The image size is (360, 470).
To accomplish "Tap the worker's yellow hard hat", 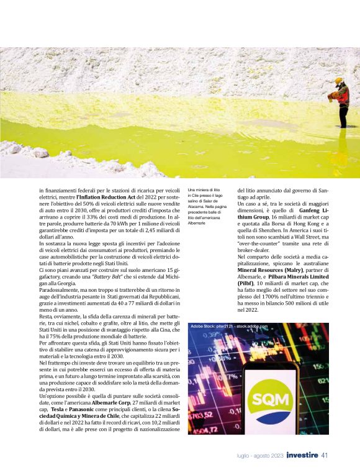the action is click(338, 80).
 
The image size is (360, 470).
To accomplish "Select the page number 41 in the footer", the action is click(325, 455).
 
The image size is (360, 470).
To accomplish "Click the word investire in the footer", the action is click(302, 455).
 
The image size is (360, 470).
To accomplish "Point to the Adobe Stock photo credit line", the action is click(229, 326).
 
